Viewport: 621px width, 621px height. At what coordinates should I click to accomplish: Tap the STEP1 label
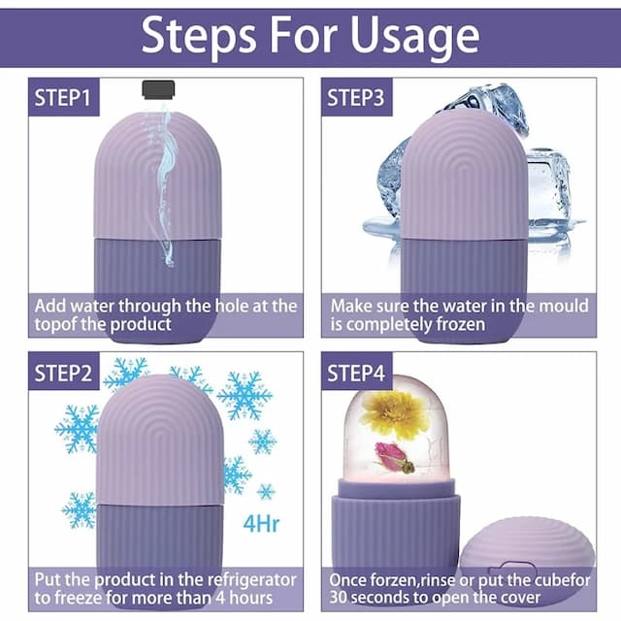point(63,97)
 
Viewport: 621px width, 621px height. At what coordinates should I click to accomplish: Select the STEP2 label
point(63,373)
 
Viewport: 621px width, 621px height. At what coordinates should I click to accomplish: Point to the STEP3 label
point(356,97)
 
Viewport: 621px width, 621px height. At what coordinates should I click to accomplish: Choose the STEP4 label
point(356,373)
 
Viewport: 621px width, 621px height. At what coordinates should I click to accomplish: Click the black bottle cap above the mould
point(158,89)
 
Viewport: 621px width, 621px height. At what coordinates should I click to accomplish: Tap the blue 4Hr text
point(261,524)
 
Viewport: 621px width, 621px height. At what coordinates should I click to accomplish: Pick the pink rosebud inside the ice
point(394,458)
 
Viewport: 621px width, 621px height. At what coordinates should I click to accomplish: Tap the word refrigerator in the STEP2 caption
point(252,580)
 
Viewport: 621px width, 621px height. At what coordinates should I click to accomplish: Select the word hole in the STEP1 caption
point(231,307)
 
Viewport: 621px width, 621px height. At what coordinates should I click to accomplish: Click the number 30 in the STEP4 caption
point(339,598)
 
